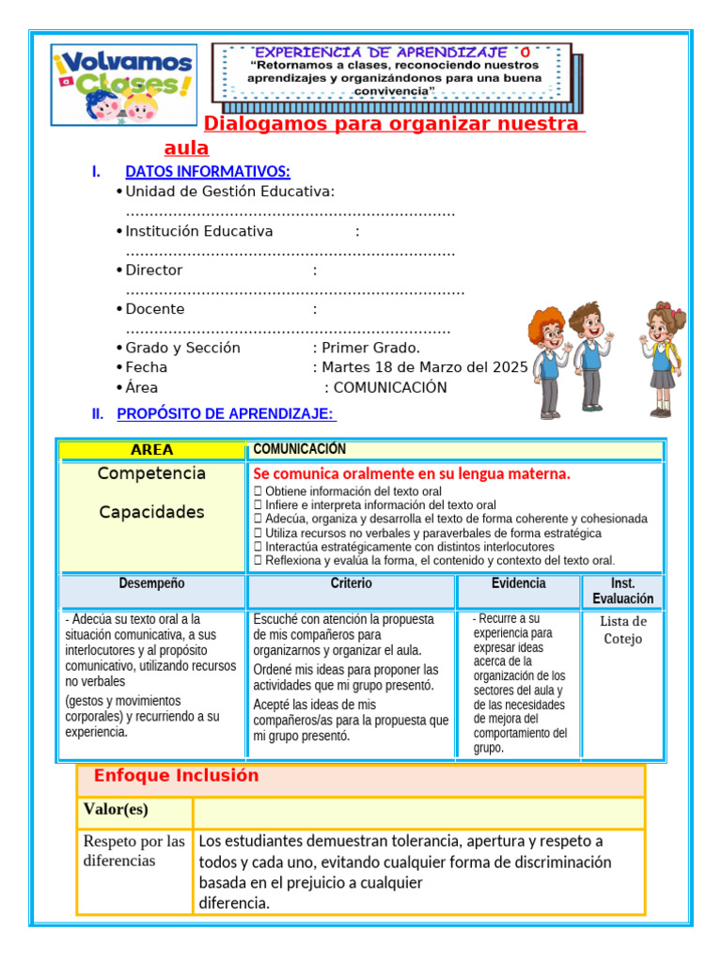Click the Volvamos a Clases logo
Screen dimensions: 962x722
[x=123, y=85]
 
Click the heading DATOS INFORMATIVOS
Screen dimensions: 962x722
[x=208, y=171]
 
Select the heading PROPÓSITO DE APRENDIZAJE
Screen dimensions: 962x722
[x=226, y=413]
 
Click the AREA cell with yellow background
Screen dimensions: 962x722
[x=152, y=450]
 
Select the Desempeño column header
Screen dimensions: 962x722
[x=152, y=583]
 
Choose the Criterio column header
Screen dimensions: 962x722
[x=351, y=583]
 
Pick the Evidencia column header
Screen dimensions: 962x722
[x=518, y=583]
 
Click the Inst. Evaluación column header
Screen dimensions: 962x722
[x=622, y=591]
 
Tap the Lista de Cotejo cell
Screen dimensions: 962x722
[x=622, y=630]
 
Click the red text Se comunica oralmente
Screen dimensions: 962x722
[x=412, y=473]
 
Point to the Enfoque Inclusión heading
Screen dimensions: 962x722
[x=176, y=776]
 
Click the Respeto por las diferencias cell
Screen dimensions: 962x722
[x=133, y=850]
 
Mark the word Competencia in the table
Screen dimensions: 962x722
[x=151, y=473]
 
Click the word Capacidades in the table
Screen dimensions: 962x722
[x=151, y=512]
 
